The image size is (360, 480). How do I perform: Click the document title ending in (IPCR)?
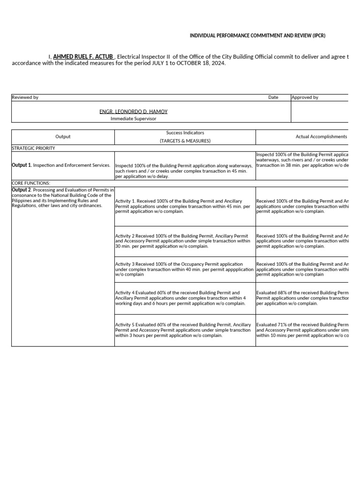pyautogui.click(x=257, y=36)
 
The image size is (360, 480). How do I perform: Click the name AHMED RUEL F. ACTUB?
pyautogui.click(x=83, y=57)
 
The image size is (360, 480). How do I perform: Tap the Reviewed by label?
pyautogui.click(x=25, y=97)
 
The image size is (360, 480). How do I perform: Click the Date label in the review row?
pyautogui.click(x=273, y=97)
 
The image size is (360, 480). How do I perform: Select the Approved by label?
pyautogui.click(x=305, y=97)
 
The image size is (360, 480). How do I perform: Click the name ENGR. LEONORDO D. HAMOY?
pyautogui.click(x=133, y=112)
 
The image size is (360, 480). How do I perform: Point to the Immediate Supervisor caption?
pyautogui.click(x=133, y=119)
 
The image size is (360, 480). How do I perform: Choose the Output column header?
pyautogui.click(x=63, y=137)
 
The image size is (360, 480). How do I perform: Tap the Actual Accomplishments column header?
pyautogui.click(x=321, y=137)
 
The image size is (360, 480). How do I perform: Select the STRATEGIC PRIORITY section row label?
pyautogui.click(x=33, y=148)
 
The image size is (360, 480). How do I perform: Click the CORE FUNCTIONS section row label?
pyautogui.click(x=30, y=183)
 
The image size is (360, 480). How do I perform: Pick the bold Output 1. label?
pyautogui.click(x=22, y=165)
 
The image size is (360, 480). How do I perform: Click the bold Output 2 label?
pyautogui.click(x=21, y=189)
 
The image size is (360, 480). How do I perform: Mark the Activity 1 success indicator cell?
pyautogui.click(x=185, y=206)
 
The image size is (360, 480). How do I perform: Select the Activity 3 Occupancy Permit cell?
pyautogui.click(x=185, y=269)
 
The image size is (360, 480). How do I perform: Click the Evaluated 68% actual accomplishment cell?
pyautogui.click(x=302, y=298)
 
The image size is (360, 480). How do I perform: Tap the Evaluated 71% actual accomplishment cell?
pyautogui.click(x=302, y=330)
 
